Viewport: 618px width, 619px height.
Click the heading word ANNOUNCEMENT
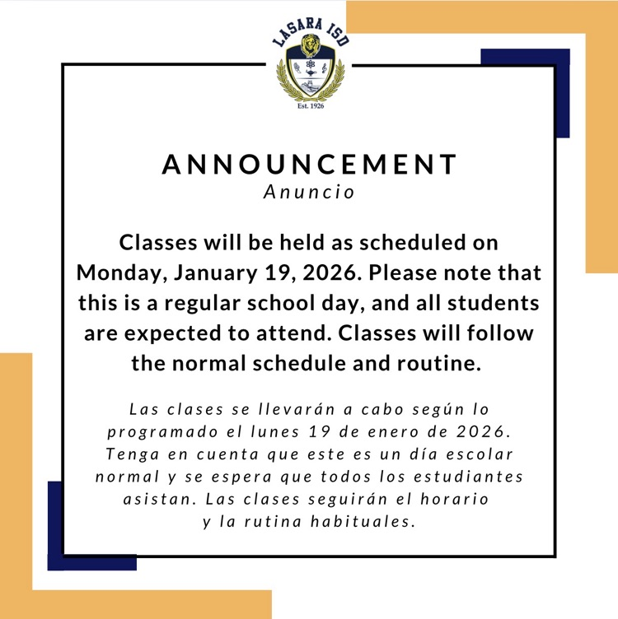point(309,164)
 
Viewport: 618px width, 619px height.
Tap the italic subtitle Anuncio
point(309,193)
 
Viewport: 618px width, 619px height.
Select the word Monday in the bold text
point(119,272)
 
